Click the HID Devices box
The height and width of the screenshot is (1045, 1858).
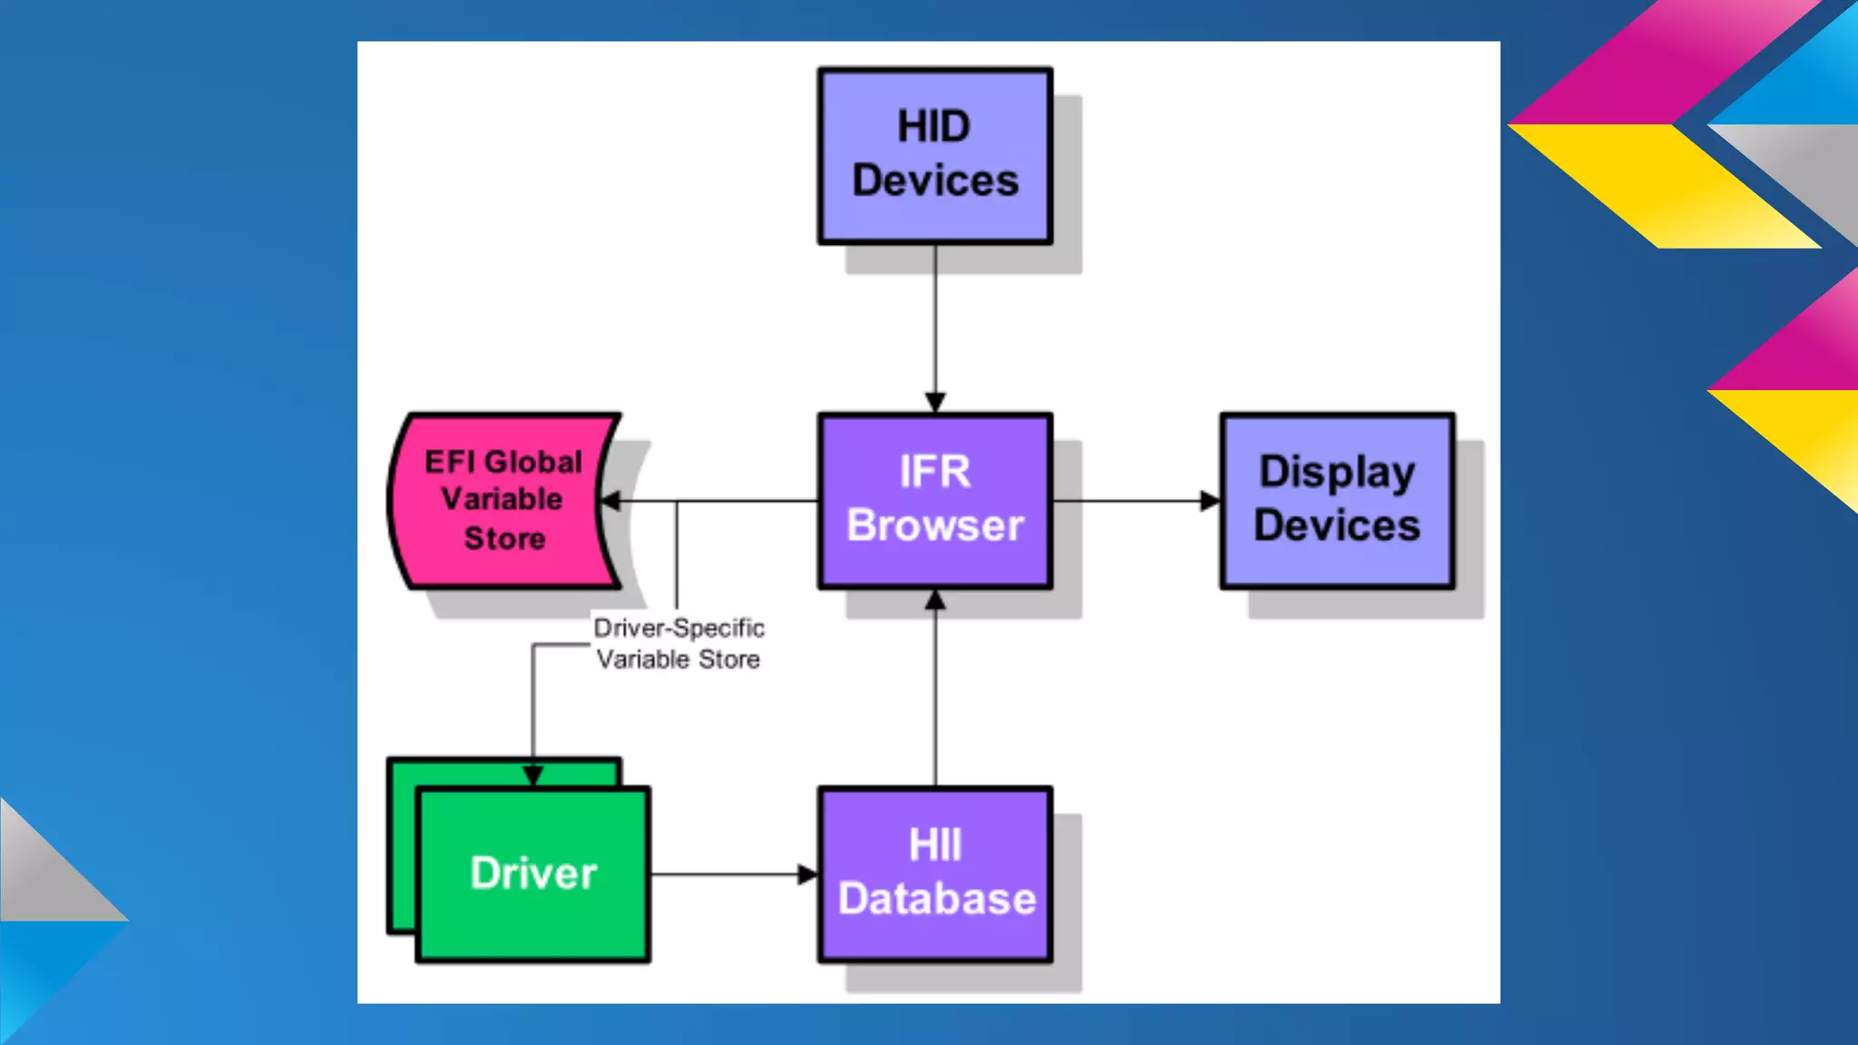click(935, 155)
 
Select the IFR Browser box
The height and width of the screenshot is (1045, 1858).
click(935, 500)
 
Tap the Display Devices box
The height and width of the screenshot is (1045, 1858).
click(1337, 500)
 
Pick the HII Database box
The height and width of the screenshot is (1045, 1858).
click(935, 874)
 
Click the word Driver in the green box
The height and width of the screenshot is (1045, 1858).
click(533, 874)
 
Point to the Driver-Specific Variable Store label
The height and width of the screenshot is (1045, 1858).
click(679, 643)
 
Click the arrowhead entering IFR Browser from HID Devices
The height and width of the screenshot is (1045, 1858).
click(935, 402)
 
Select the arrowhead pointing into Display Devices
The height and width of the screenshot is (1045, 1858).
click(1210, 501)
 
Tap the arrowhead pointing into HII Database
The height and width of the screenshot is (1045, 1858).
click(807, 874)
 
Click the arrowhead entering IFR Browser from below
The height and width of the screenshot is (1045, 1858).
click(935, 601)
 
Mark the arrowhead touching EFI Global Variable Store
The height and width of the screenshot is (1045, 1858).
click(611, 501)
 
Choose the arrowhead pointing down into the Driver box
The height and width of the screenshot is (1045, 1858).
click(533, 776)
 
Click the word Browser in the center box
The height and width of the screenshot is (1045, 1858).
click(935, 526)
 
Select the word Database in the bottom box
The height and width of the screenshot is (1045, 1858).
click(936, 899)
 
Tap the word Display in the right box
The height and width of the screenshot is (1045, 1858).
click(1337, 473)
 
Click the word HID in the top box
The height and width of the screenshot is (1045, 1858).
click(934, 126)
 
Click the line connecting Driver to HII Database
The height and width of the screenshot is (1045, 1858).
click(726, 874)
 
